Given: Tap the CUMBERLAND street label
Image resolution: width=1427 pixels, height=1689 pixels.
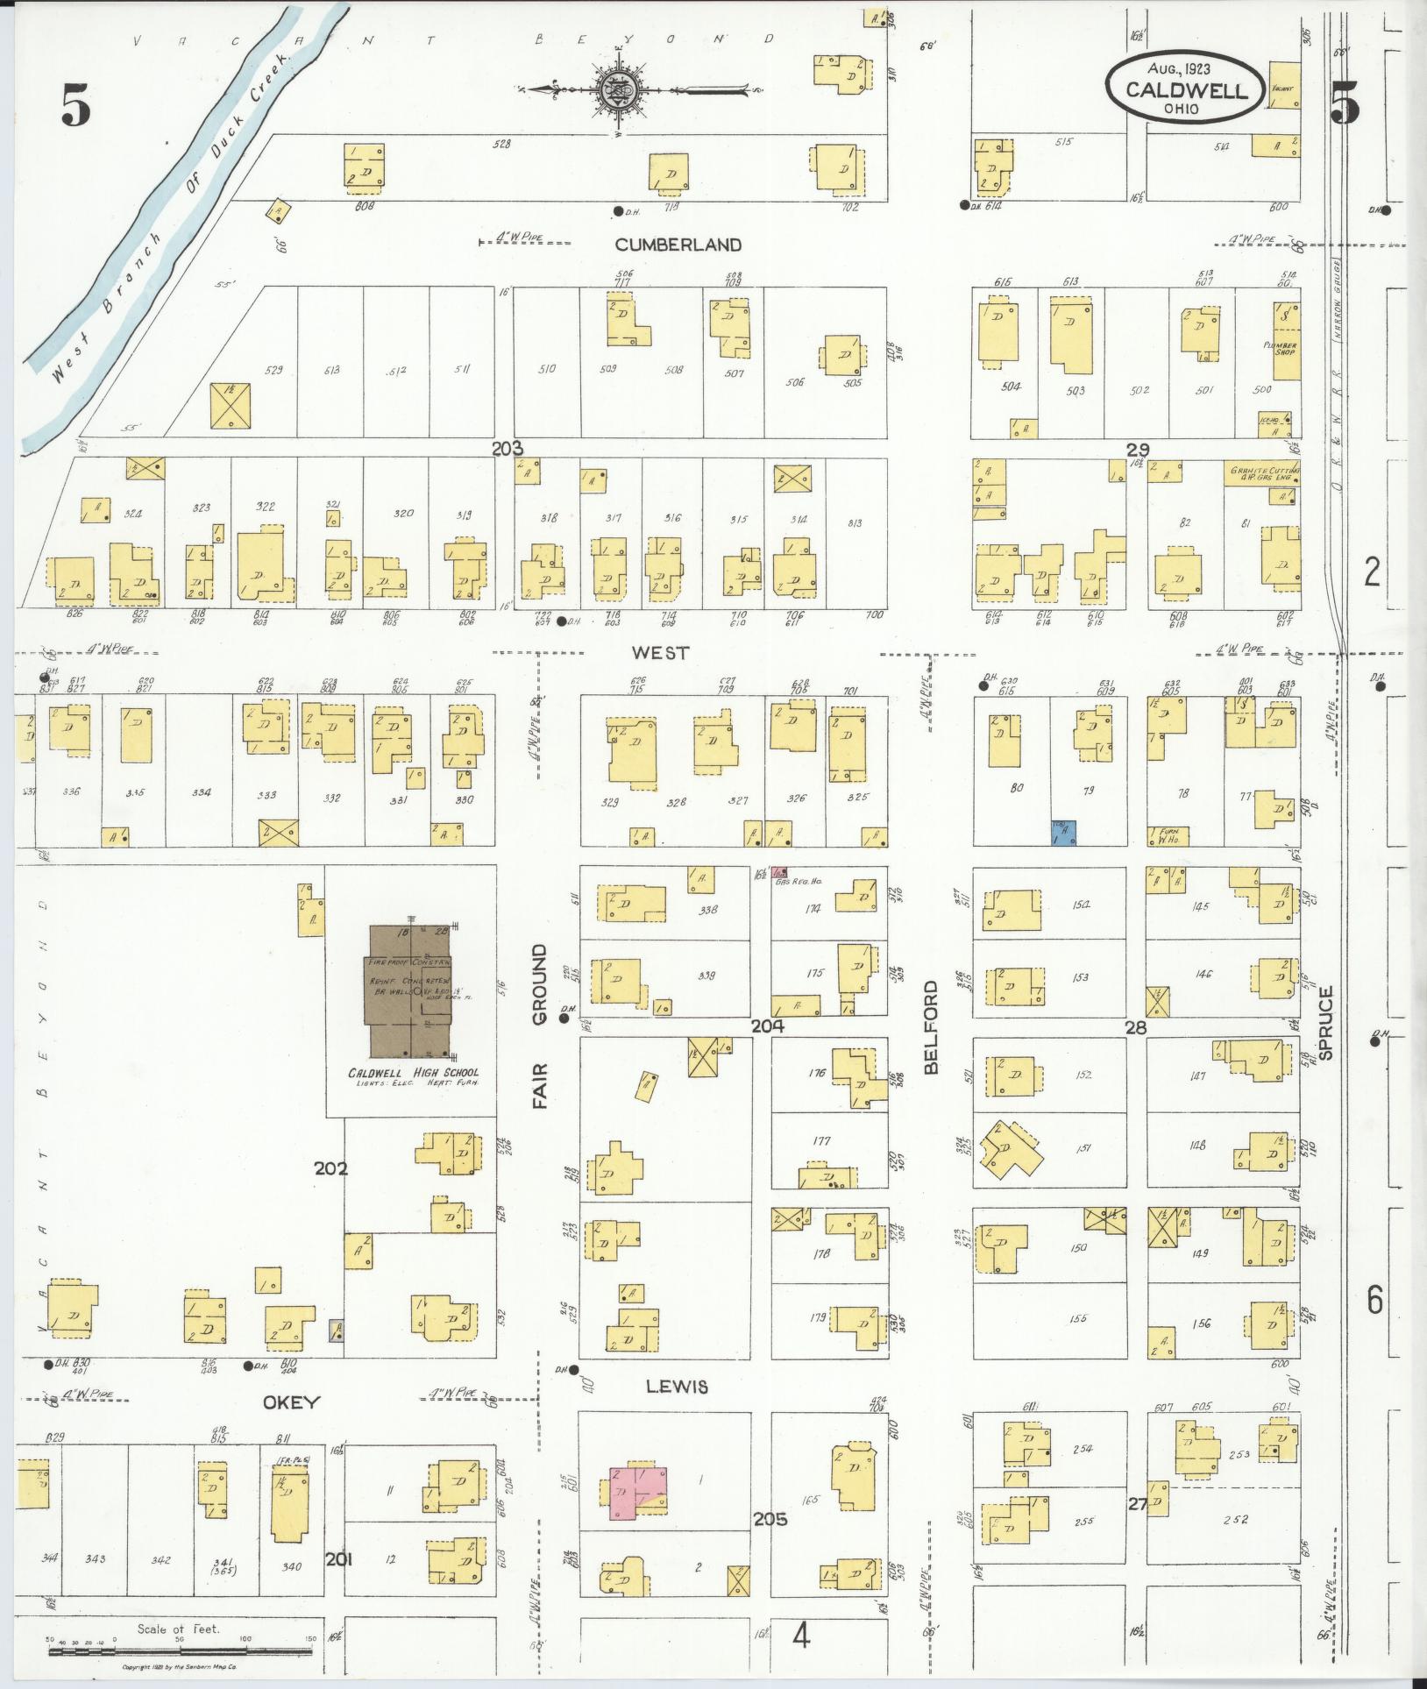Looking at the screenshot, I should pyautogui.click(x=678, y=245).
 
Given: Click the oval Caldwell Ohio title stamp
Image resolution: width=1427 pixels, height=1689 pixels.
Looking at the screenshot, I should pyautogui.click(x=1185, y=89).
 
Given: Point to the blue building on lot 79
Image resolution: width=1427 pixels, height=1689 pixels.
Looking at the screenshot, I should pyautogui.click(x=1064, y=833).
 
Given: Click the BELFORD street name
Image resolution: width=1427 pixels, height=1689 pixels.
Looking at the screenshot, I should pyautogui.click(x=931, y=1026).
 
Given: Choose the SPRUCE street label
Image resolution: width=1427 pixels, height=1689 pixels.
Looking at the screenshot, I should pyautogui.click(x=1326, y=1023).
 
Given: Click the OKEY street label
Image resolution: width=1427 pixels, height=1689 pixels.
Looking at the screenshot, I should pyautogui.click(x=292, y=1402).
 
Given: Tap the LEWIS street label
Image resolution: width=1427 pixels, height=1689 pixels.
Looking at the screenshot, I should pyautogui.click(x=677, y=1387).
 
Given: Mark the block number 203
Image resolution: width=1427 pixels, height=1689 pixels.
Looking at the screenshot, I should pyautogui.click(x=507, y=449).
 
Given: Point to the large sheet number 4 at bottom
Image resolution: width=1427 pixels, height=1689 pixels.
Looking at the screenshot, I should pyautogui.click(x=800, y=1635).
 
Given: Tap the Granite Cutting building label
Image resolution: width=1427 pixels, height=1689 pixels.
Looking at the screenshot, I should pyautogui.click(x=1262, y=474).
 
